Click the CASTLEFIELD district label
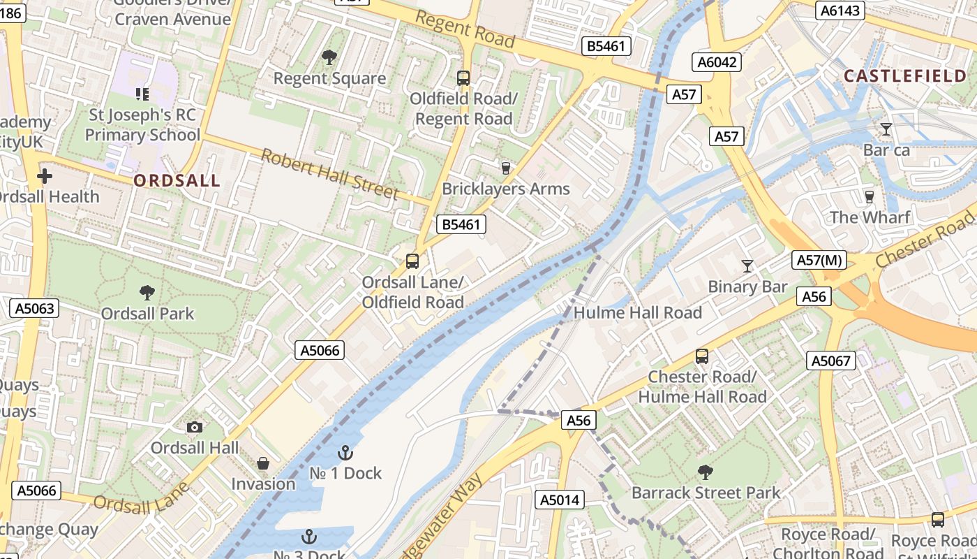(905, 76)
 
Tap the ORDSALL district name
(177, 181)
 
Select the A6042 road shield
(717, 62)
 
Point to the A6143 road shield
(841, 10)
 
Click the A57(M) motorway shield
(821, 261)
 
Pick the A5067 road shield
(832, 361)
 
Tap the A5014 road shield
(560, 500)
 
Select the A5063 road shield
(33, 308)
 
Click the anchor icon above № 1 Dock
(345, 453)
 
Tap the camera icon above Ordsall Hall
(195, 427)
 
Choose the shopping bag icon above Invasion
(263, 463)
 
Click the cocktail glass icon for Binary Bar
(747, 266)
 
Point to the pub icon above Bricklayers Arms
(506, 168)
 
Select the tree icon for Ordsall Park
(147, 292)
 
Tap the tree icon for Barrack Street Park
(706, 472)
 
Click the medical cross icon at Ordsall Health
(45, 176)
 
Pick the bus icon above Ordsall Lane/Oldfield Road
(412, 261)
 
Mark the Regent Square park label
(329, 78)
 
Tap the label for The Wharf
(870, 217)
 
